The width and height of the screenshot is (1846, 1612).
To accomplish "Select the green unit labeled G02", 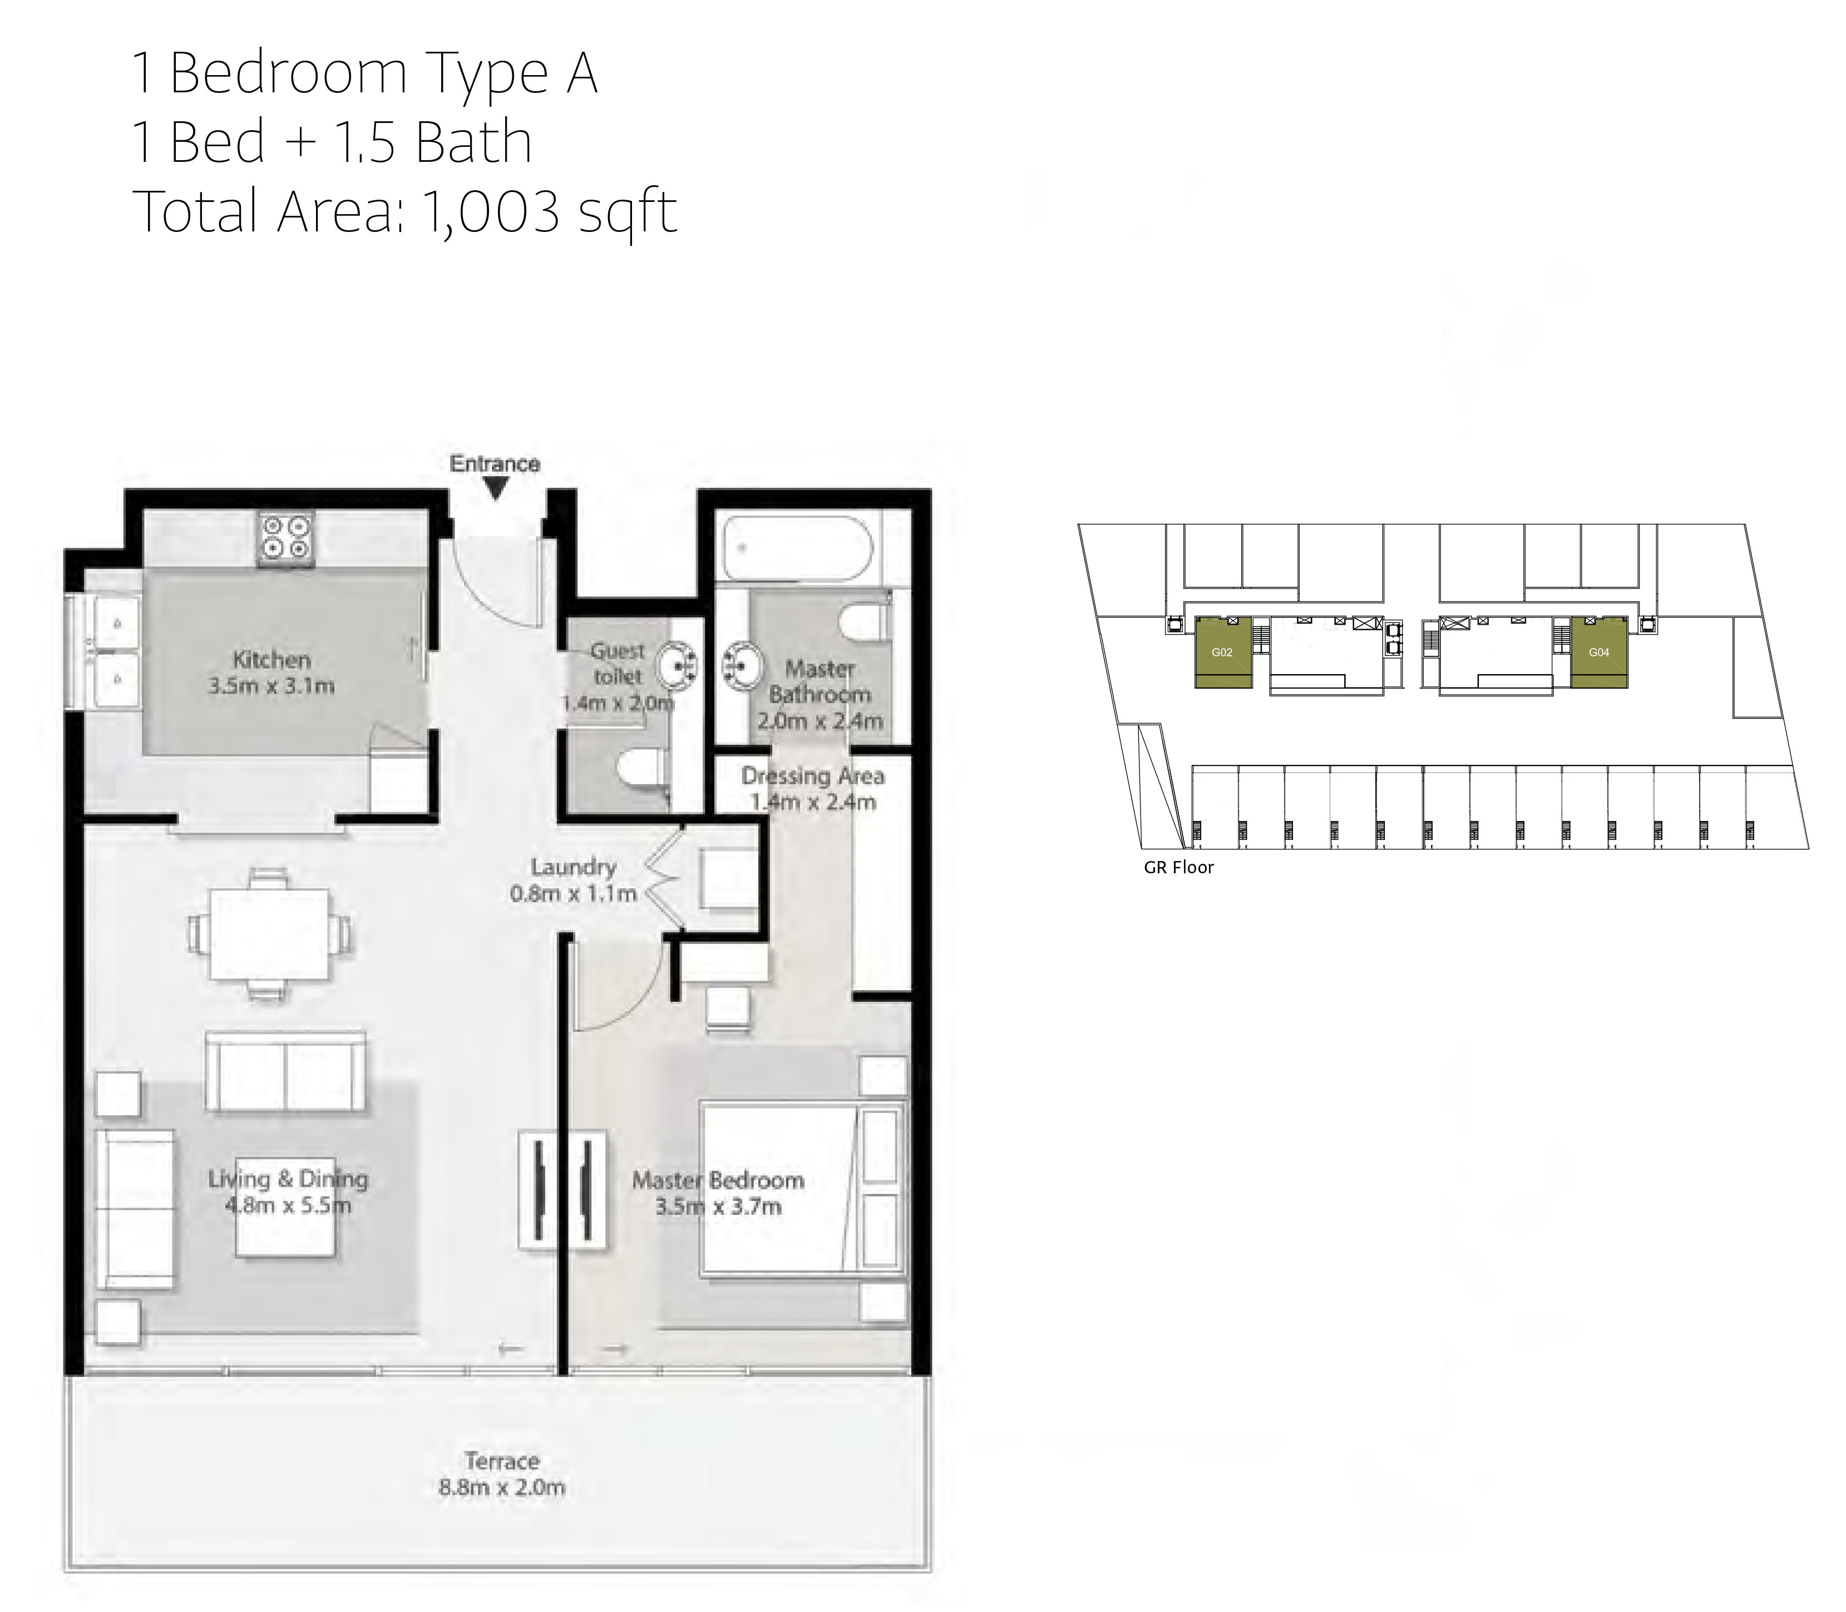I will [1222, 653].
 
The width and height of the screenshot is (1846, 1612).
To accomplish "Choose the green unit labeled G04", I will [1598, 653].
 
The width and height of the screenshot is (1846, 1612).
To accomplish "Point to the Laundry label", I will [573, 867].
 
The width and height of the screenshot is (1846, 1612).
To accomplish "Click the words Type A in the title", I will [511, 74].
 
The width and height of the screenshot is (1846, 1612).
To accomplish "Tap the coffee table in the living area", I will [286, 1207].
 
